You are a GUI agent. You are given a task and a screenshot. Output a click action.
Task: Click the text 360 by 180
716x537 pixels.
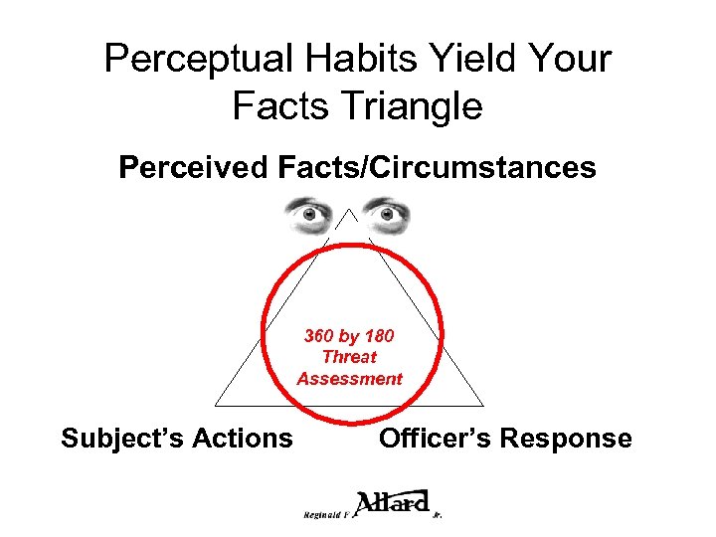(x=349, y=336)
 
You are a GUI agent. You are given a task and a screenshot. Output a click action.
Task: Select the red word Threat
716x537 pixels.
(x=349, y=357)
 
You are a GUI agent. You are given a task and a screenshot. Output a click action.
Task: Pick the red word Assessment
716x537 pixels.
(x=349, y=378)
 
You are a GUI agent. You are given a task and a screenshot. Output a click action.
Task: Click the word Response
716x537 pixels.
(x=571, y=439)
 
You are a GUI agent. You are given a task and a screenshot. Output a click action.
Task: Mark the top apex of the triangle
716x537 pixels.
(x=349, y=210)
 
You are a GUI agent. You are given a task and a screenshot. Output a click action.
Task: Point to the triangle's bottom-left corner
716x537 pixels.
(x=216, y=406)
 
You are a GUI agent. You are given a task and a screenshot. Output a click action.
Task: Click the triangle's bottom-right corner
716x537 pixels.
(x=483, y=406)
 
